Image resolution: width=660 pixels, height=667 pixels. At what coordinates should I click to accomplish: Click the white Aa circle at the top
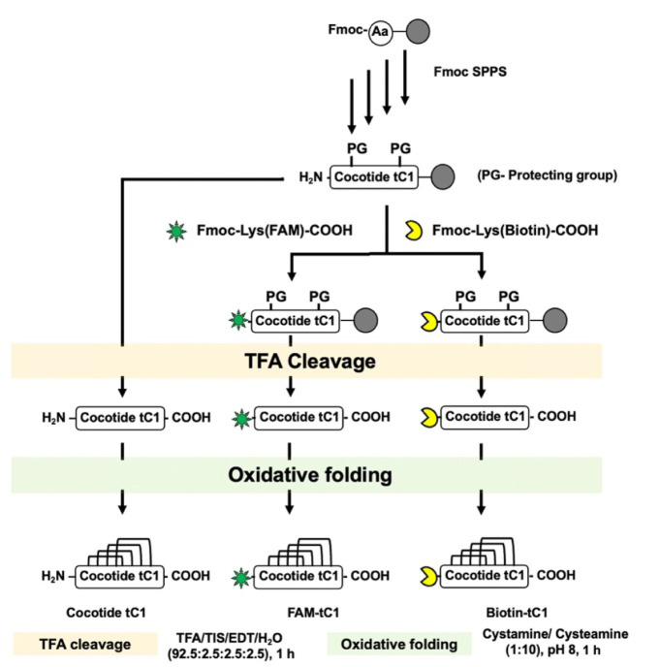(x=380, y=32)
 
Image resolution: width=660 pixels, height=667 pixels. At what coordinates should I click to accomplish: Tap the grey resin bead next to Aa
(x=418, y=31)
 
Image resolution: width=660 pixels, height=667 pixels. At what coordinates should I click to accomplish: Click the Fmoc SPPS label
(x=470, y=72)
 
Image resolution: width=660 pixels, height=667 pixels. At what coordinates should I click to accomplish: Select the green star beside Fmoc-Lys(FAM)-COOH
(x=176, y=231)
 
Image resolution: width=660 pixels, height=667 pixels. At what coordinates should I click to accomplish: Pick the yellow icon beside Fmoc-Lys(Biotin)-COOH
(x=413, y=230)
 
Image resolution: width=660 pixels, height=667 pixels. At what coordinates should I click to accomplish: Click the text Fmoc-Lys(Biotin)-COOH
(x=515, y=230)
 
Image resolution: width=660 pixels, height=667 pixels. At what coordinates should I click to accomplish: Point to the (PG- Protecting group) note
(x=547, y=175)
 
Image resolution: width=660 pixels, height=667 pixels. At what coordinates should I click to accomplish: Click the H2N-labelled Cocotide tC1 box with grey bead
(x=374, y=177)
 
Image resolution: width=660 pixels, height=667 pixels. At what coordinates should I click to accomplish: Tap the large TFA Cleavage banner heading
(x=310, y=362)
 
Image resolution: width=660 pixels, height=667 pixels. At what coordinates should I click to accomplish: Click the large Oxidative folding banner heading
(x=310, y=475)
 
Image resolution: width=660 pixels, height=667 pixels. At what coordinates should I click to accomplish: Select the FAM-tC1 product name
(x=313, y=613)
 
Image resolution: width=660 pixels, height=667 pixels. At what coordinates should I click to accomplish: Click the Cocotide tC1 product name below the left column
(x=106, y=613)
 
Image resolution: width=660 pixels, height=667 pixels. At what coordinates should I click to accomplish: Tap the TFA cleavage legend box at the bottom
(x=85, y=644)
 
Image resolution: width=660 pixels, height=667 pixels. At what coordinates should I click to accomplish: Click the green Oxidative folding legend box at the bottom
(x=399, y=644)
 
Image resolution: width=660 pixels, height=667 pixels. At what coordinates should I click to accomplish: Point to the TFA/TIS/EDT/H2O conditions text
(x=231, y=646)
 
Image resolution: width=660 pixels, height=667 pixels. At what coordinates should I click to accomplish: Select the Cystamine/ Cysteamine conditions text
(x=555, y=642)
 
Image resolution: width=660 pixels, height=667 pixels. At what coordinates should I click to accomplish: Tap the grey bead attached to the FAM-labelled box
(x=365, y=320)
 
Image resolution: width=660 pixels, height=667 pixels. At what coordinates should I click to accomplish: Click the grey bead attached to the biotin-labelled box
(x=555, y=320)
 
